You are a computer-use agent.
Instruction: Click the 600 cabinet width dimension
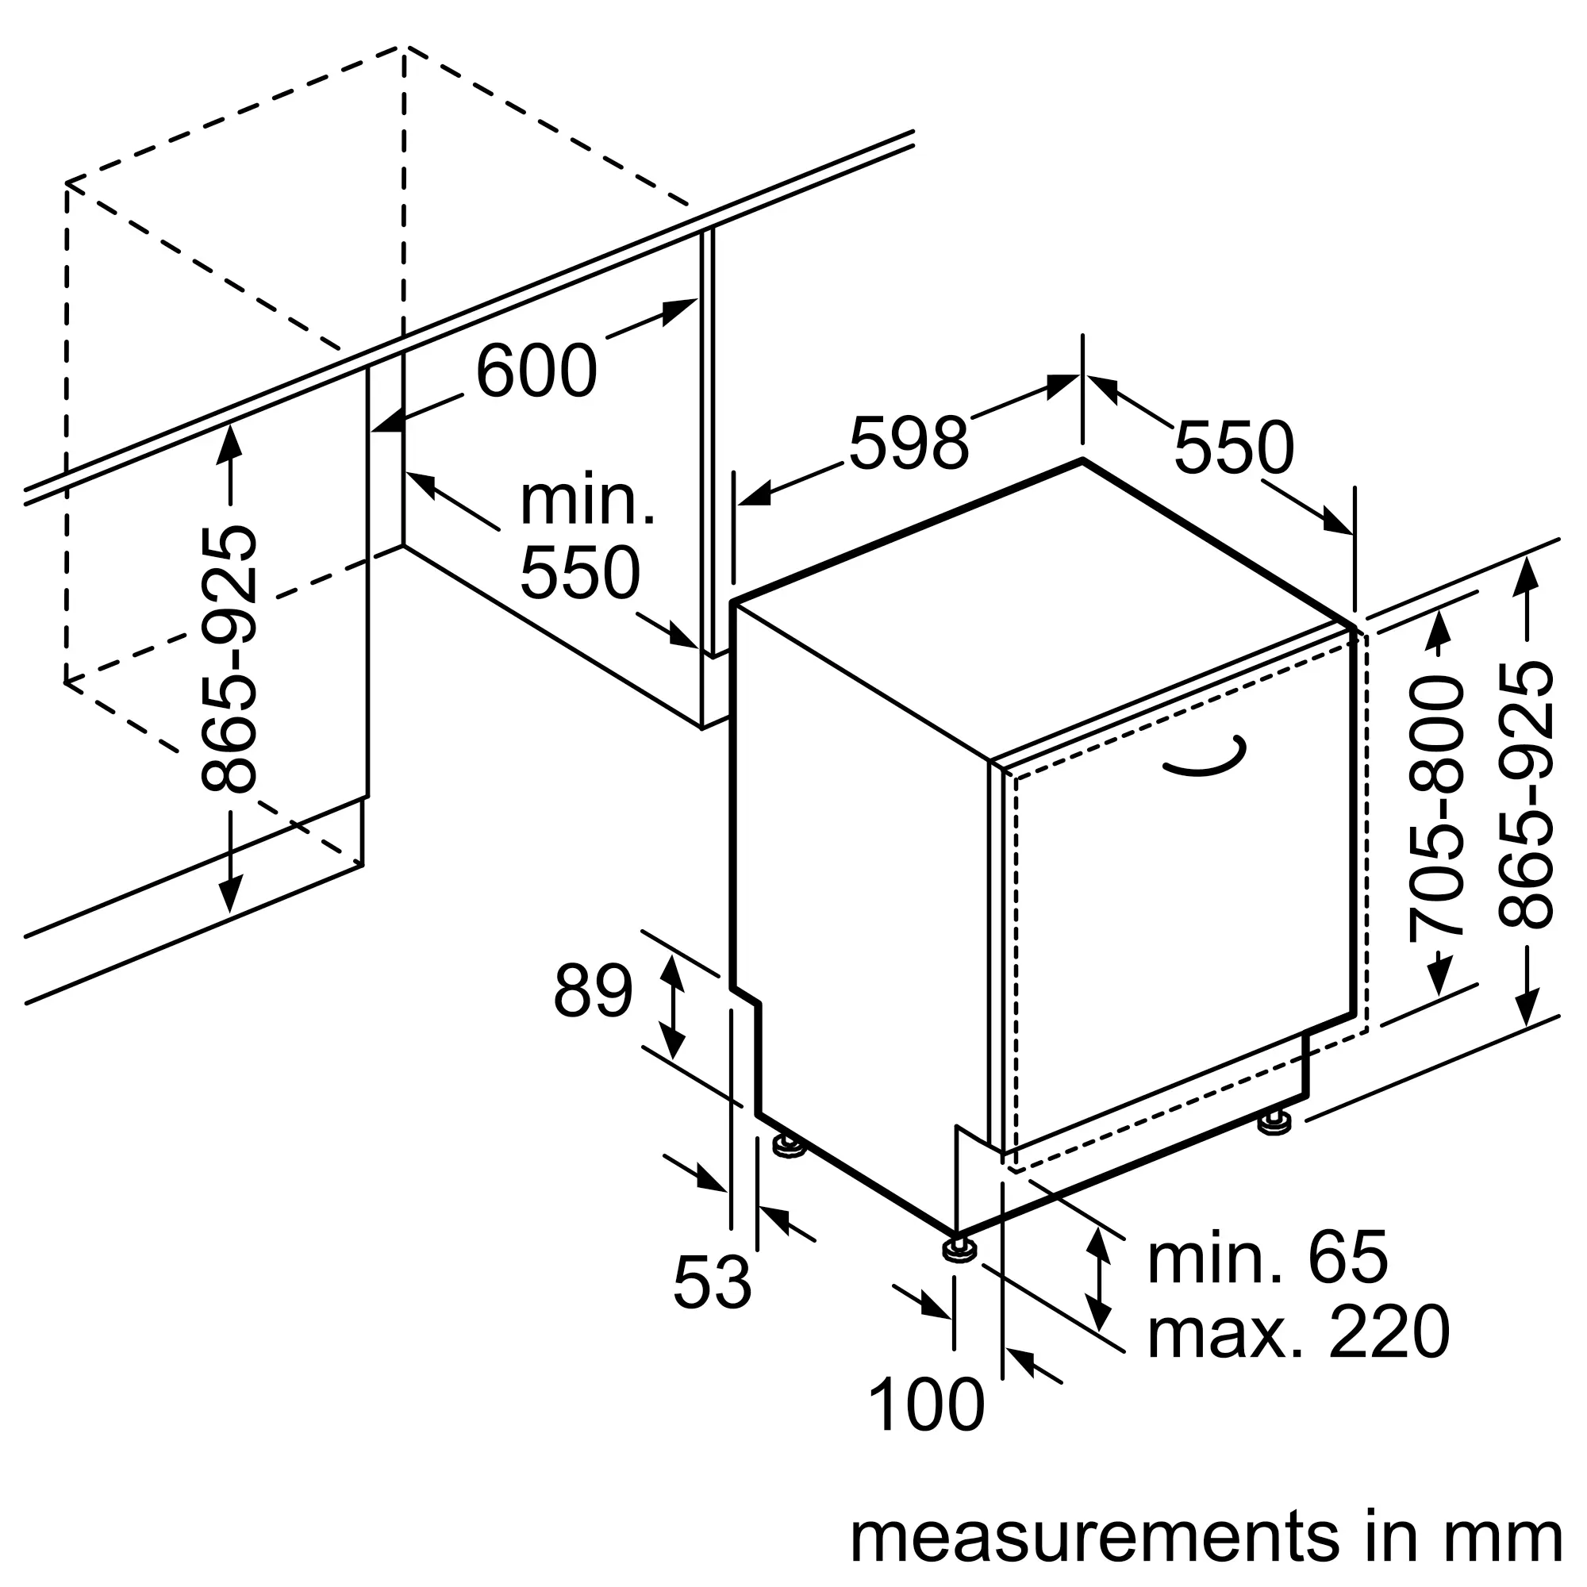(x=536, y=371)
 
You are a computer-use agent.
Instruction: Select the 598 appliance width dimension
(x=909, y=444)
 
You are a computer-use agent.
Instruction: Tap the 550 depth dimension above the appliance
(x=1234, y=448)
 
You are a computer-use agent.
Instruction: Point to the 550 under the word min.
(x=580, y=573)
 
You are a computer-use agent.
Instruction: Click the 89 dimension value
(x=593, y=991)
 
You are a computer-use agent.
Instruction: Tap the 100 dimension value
(x=926, y=1405)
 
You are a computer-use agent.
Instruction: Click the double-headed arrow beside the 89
(x=674, y=1007)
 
